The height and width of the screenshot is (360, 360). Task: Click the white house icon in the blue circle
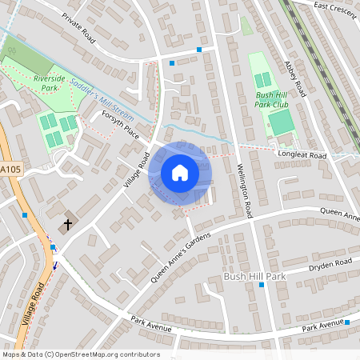click(180, 173)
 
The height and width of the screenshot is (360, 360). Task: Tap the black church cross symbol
click(68, 226)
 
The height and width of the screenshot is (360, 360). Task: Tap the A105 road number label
click(11, 170)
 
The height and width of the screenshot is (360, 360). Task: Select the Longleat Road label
click(303, 154)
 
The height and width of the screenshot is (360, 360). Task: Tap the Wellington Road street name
click(245, 191)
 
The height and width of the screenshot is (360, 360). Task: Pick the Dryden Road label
click(330, 263)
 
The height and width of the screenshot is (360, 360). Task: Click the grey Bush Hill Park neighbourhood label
click(254, 277)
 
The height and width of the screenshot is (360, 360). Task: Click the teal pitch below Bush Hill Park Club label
click(281, 123)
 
